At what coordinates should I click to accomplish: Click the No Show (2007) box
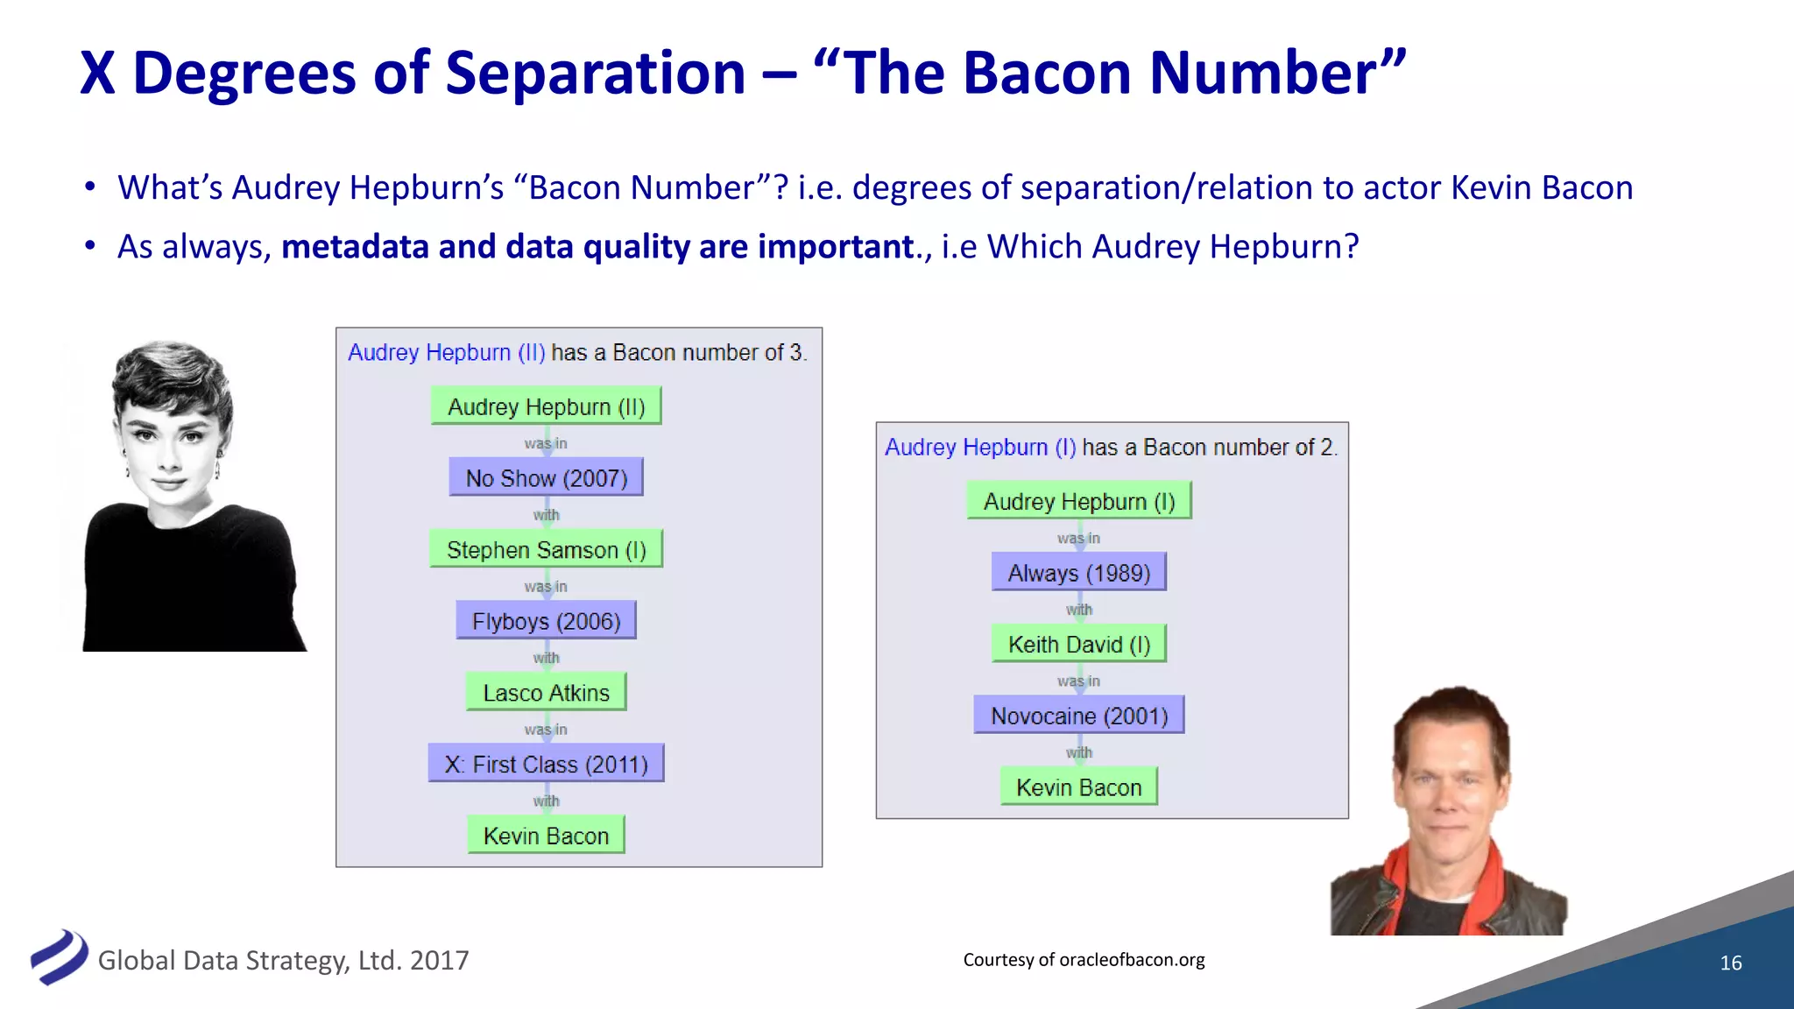pos(546,478)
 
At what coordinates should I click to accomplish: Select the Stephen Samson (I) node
pos(546,550)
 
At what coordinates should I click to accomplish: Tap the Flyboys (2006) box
pos(546,621)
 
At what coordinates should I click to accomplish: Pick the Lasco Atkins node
pos(546,693)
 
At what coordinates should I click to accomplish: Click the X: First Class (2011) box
pos(546,764)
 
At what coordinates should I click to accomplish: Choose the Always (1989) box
pos(1078,573)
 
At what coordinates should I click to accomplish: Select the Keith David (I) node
pos(1078,645)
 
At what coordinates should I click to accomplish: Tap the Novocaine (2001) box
pos(1078,716)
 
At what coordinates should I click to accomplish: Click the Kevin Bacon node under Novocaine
pos(1078,787)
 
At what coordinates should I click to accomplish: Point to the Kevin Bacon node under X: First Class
pos(546,836)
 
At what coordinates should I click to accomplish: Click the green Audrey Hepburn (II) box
pos(546,406)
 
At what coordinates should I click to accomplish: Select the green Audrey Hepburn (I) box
pos(1078,501)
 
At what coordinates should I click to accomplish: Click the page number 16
pos(1730,963)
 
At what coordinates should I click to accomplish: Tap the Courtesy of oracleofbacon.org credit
pos(1084,959)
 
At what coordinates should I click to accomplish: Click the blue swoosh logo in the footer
pos(59,956)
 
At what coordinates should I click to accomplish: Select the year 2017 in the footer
pos(439,961)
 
